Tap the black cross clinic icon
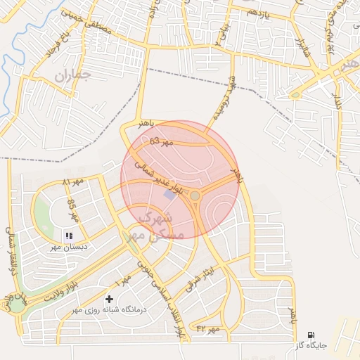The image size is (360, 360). [109, 299]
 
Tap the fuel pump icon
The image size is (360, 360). [311, 335]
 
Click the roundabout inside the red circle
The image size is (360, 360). [195, 196]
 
